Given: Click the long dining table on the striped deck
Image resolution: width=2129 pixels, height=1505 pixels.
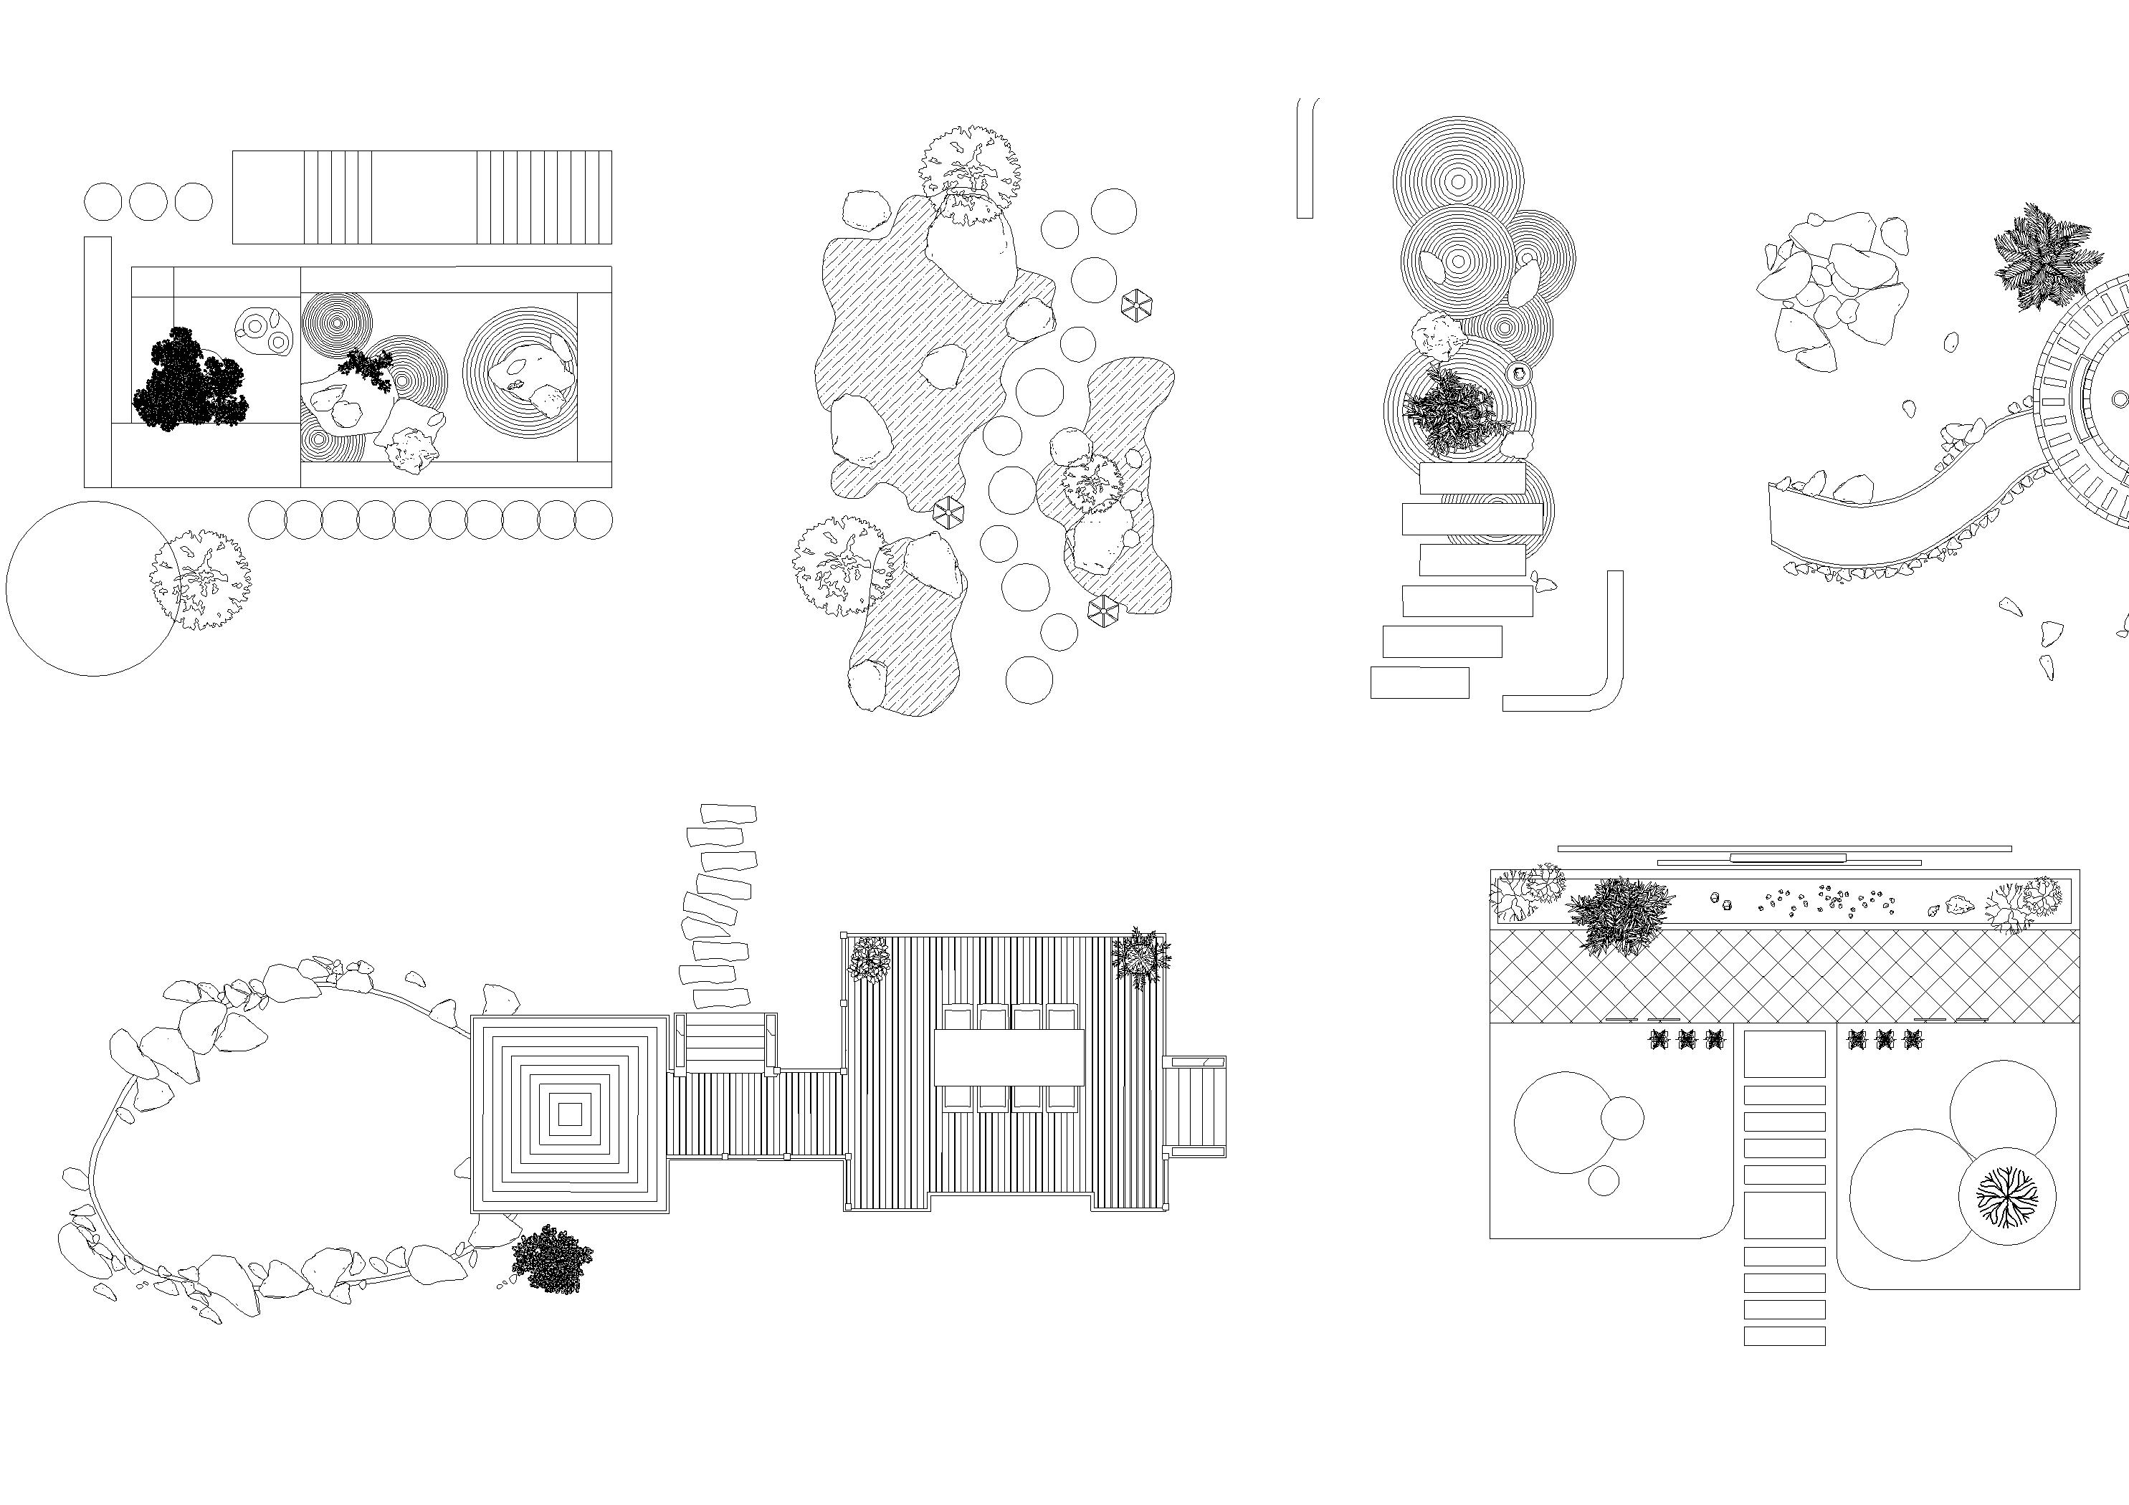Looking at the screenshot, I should (1009, 1057).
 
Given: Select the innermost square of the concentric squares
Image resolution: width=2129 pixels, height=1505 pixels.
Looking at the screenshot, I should (571, 1113).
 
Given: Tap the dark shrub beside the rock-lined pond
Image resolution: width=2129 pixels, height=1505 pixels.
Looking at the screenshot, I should (553, 1258).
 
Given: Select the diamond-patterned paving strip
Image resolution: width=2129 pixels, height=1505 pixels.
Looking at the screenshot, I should (1784, 976).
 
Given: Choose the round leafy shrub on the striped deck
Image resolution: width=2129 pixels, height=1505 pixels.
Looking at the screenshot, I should (870, 959).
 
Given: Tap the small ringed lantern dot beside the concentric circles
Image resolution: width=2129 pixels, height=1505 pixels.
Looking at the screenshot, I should (1519, 375).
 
